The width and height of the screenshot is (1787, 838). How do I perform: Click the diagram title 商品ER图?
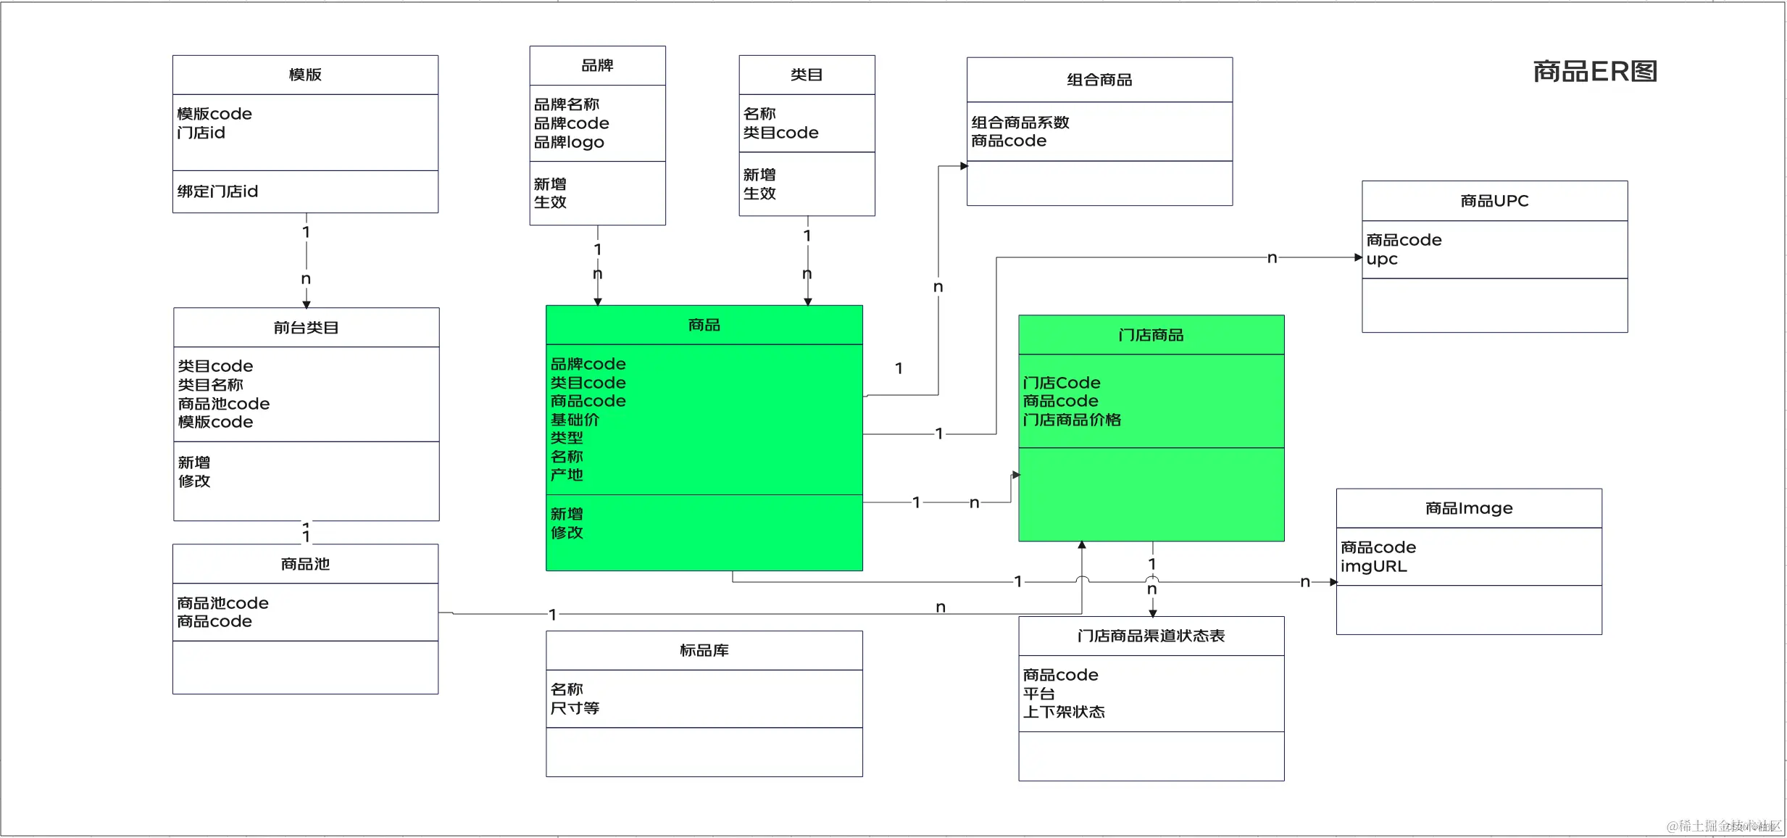coord(1594,71)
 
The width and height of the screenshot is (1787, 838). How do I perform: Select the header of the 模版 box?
coord(305,75)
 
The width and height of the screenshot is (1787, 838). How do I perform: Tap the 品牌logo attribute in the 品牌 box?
coord(569,142)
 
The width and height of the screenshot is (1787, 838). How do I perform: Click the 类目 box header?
coord(807,75)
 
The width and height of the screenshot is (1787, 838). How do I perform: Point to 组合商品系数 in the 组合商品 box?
coord(1020,122)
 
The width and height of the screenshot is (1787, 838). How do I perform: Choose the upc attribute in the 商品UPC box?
coord(1381,259)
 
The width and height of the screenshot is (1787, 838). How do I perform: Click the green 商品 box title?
coord(704,325)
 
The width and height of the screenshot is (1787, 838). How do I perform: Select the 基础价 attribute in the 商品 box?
coord(575,419)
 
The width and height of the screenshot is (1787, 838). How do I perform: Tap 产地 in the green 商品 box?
coord(567,475)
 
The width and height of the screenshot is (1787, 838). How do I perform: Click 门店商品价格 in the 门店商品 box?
coord(1072,420)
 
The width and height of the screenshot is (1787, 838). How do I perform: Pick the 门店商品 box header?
coord(1151,335)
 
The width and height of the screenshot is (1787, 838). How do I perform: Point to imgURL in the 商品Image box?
coord(1373,566)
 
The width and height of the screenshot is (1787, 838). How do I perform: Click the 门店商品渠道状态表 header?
coord(1151,636)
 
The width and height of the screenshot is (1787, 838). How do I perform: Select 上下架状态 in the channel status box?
coord(1064,712)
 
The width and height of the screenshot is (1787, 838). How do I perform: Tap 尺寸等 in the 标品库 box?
coord(575,708)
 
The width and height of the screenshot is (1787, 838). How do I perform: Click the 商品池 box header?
coord(305,564)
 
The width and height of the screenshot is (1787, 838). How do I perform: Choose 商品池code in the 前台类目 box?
coord(223,403)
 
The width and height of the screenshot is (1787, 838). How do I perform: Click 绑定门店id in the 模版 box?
coord(217,191)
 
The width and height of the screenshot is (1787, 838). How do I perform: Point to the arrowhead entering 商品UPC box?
coord(1358,257)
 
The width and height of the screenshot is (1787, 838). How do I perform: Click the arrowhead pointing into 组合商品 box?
coord(964,166)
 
